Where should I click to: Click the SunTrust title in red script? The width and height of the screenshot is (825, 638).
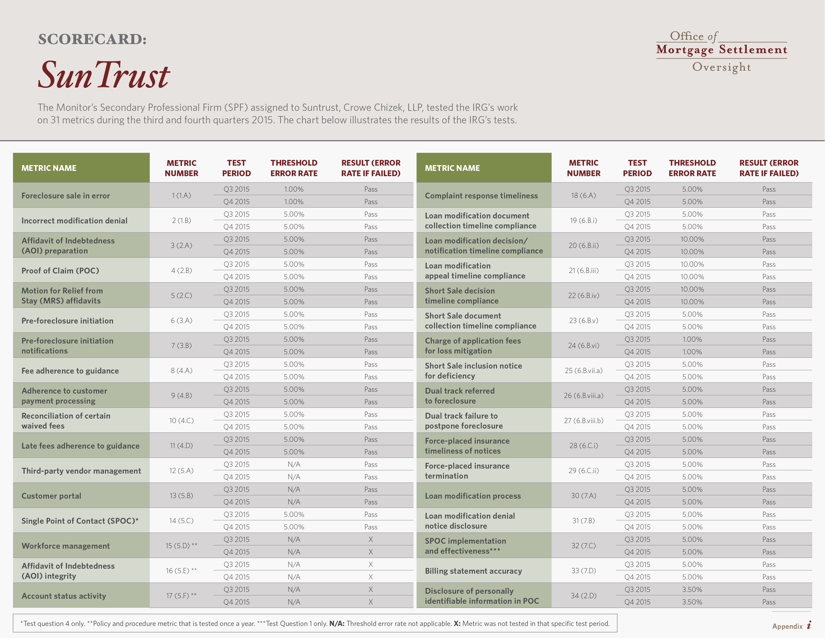[104, 75]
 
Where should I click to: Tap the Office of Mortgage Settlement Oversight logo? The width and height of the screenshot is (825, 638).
[721, 51]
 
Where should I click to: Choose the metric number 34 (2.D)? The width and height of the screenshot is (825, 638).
[583, 596]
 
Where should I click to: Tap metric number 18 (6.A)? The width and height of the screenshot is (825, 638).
[583, 195]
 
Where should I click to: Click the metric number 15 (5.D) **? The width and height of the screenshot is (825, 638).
[181, 546]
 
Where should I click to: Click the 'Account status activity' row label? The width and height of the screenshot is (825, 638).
[64, 596]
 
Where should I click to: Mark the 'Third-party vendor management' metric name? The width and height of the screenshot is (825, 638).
[81, 471]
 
